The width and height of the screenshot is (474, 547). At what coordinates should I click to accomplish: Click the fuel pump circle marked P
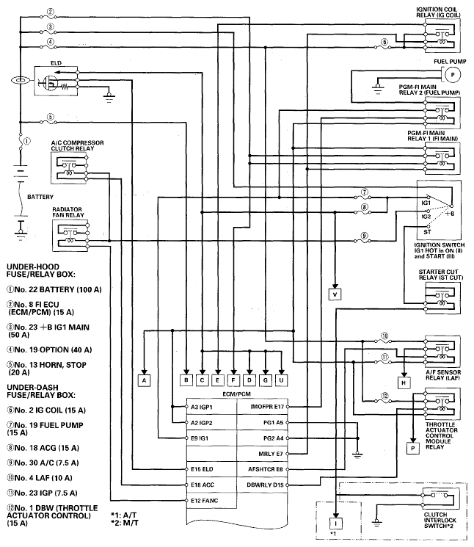pyautogui.click(x=453, y=75)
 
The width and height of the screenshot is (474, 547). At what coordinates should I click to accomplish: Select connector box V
pyautogui.click(x=335, y=294)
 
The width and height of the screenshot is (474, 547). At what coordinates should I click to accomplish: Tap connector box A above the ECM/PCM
pyautogui.click(x=144, y=380)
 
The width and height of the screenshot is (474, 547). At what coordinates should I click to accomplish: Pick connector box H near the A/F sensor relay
pyautogui.click(x=404, y=383)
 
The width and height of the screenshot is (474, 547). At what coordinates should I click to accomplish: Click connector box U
pyautogui.click(x=281, y=380)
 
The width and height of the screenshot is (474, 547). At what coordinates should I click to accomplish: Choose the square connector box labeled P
pyautogui.click(x=413, y=449)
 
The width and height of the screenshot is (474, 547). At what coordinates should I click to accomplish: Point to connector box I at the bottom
pyautogui.click(x=335, y=524)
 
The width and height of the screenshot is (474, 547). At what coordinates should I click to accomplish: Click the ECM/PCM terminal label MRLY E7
pyautogui.click(x=271, y=454)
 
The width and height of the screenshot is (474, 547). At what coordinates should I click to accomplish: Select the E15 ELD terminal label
pyautogui.click(x=202, y=469)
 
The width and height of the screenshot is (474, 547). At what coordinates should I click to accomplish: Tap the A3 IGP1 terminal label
pyautogui.click(x=202, y=407)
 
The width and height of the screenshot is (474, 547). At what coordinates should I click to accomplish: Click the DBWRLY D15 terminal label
pyautogui.click(x=265, y=485)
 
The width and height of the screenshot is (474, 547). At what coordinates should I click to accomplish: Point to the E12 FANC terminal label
pyautogui.click(x=204, y=501)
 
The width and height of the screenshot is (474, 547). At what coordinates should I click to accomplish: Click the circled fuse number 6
pyautogui.click(x=384, y=42)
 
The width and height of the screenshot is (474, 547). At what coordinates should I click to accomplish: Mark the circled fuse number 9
pyautogui.click(x=364, y=236)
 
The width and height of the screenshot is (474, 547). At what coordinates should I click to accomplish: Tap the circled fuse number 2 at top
pyautogui.click(x=51, y=12)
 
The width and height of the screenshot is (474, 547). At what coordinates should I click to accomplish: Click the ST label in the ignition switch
pyautogui.click(x=427, y=231)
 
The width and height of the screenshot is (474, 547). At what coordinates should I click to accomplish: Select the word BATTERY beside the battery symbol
pyautogui.click(x=40, y=197)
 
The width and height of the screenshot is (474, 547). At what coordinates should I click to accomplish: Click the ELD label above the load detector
pyautogui.click(x=56, y=63)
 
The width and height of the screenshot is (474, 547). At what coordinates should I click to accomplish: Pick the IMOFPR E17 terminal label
pyautogui.click(x=267, y=407)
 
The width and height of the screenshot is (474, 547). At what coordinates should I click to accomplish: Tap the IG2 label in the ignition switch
pyautogui.click(x=426, y=217)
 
